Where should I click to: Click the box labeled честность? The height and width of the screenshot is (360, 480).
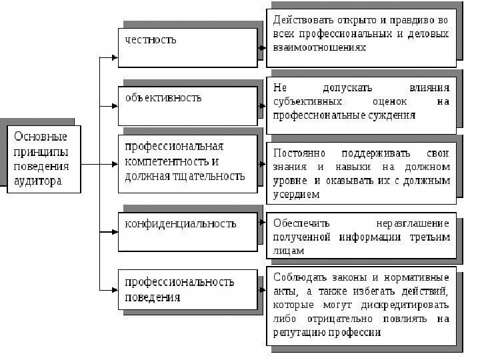pyautogui.click(x=187, y=47)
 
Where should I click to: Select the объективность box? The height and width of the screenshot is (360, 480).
pyautogui.click(x=187, y=105)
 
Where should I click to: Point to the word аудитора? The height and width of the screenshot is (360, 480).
pyautogui.click(x=35, y=181)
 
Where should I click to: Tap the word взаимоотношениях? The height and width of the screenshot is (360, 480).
pyautogui.click(x=320, y=49)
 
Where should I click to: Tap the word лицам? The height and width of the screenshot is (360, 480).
pyautogui.click(x=289, y=251)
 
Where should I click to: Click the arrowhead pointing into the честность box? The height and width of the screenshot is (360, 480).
pyautogui.click(x=115, y=57)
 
